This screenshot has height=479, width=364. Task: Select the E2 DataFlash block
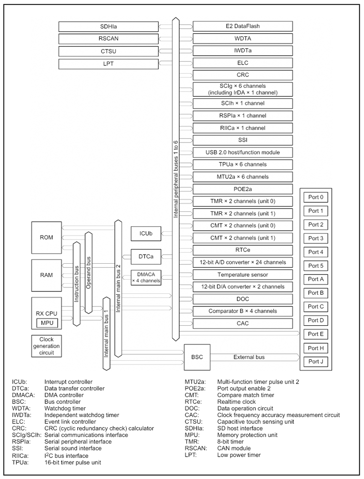[x=243, y=26]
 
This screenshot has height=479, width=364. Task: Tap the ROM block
[x=47, y=238]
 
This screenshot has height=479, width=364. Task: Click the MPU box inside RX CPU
[x=47, y=322]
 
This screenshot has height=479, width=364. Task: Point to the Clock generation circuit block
[x=47, y=346]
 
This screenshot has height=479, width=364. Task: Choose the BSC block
[x=197, y=357]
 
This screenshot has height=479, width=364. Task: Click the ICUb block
[x=146, y=234]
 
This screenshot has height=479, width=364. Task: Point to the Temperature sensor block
[x=243, y=274]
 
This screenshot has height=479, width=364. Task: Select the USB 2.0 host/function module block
[x=243, y=152]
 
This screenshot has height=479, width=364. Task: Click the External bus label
[x=249, y=357]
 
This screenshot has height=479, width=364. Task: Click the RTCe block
[x=243, y=250]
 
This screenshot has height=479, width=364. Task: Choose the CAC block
[x=243, y=323]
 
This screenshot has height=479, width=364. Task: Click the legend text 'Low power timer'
[x=239, y=455]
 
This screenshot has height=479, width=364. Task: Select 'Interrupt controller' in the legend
[x=68, y=382]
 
